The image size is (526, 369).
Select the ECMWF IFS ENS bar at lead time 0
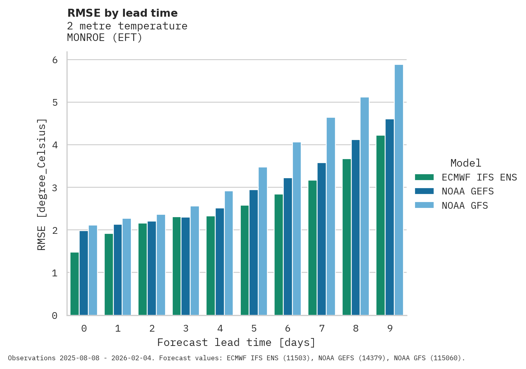(x=74, y=284)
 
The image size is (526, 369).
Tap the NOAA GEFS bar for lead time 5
(x=253, y=252)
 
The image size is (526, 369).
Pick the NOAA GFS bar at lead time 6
(x=297, y=229)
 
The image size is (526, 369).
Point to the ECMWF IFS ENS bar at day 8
(x=347, y=237)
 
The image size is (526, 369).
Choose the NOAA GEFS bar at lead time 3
(x=185, y=266)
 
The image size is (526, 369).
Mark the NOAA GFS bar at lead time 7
(x=331, y=216)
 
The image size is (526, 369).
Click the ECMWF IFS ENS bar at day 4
(x=210, y=266)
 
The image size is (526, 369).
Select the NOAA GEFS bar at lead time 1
(x=118, y=270)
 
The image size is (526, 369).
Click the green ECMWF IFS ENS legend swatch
(x=424, y=177)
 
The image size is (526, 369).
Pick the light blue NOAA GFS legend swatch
(x=424, y=206)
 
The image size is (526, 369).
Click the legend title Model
(x=466, y=163)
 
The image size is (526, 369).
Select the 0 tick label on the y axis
(x=55, y=316)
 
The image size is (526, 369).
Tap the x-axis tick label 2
(x=152, y=329)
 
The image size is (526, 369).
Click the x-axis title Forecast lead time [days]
(x=236, y=343)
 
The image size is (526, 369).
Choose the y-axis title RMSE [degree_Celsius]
(x=42, y=184)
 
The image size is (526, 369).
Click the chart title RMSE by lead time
(x=123, y=13)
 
